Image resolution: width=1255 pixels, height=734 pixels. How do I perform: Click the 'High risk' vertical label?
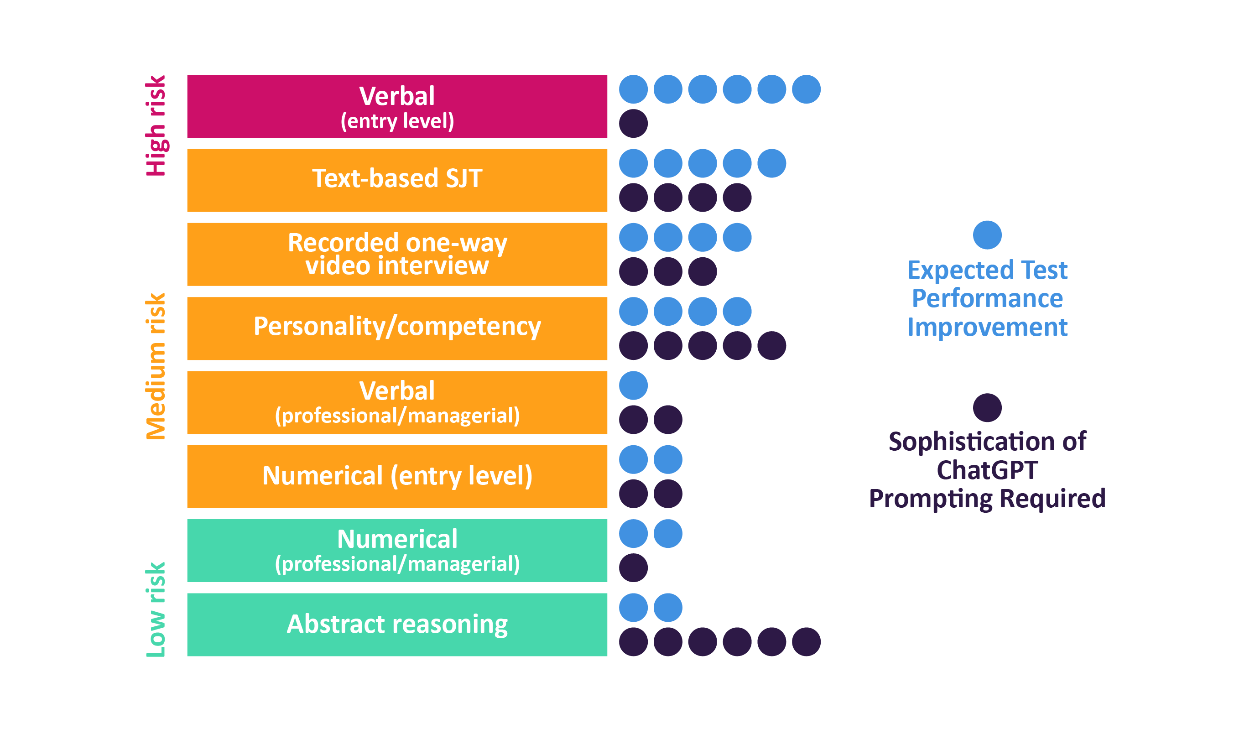[x=156, y=125]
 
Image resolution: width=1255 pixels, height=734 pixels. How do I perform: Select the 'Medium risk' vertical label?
[x=156, y=366]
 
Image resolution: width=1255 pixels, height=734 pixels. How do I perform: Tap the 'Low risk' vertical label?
[x=156, y=609]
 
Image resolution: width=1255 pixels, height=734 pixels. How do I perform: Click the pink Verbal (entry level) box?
[x=397, y=106]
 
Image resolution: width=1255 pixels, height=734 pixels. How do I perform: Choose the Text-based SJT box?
[x=397, y=180]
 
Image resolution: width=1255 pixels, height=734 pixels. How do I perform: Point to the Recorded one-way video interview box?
[x=397, y=254]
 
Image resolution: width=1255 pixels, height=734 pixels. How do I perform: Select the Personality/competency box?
[x=397, y=328]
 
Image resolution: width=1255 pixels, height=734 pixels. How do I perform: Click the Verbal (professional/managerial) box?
[x=397, y=402]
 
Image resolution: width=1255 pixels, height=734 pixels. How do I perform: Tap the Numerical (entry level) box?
[x=397, y=476]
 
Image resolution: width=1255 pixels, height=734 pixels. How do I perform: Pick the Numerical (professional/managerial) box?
[x=397, y=550]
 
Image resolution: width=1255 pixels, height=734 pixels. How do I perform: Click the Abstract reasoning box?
[x=397, y=625]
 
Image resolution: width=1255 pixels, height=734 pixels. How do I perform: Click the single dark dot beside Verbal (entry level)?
[x=633, y=124]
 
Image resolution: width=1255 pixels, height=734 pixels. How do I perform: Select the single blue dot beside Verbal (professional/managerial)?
[x=633, y=385]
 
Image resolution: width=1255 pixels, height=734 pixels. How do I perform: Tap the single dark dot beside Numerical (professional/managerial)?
[x=633, y=567]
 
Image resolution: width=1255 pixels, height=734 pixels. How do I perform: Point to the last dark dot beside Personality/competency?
[x=771, y=346]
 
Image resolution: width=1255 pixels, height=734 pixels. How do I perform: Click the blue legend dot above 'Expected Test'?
[x=987, y=235]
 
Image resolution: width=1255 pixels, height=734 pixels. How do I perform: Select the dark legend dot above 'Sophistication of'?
[x=987, y=408]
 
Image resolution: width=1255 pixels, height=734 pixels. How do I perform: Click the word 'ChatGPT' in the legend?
[x=987, y=470]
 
